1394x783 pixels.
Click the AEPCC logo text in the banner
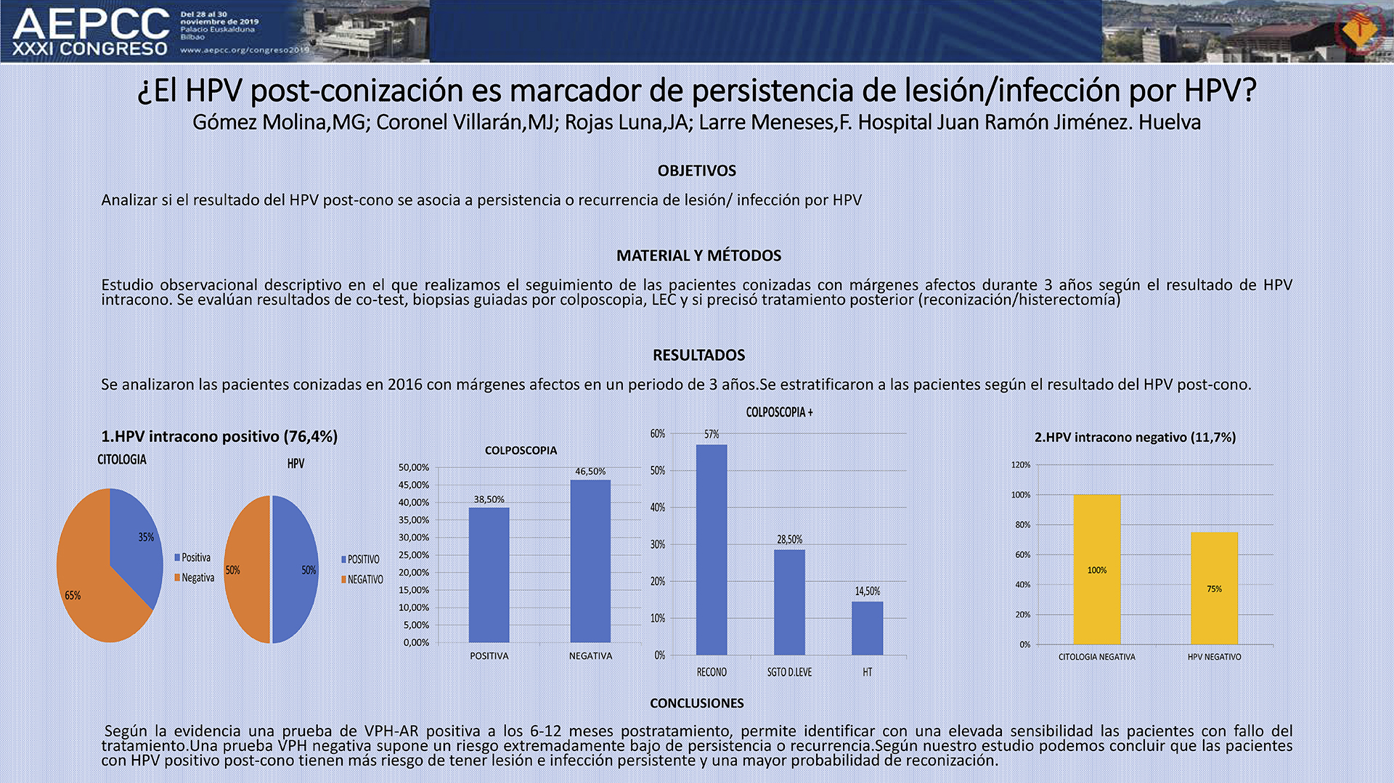[91, 24]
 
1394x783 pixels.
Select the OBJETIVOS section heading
[696, 171]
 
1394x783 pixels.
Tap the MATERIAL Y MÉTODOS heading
[698, 255]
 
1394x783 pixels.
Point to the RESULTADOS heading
[698, 355]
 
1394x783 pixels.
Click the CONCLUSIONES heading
[696, 703]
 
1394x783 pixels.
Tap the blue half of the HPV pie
[295, 570]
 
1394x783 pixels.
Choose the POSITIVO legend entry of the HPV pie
[360, 559]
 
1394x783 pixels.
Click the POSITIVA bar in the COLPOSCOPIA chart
[489, 575]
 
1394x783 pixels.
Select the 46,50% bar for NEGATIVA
[590, 561]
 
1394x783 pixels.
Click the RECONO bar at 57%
[712, 550]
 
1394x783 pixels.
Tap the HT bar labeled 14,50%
[868, 628]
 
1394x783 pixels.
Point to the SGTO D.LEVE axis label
[789, 672]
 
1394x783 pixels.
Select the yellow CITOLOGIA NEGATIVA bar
[1097, 570]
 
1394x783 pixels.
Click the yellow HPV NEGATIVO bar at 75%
[1214, 589]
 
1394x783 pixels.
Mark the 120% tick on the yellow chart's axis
[1021, 464]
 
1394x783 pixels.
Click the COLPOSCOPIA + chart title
[779, 412]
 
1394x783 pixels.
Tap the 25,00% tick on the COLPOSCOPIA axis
[414, 555]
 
